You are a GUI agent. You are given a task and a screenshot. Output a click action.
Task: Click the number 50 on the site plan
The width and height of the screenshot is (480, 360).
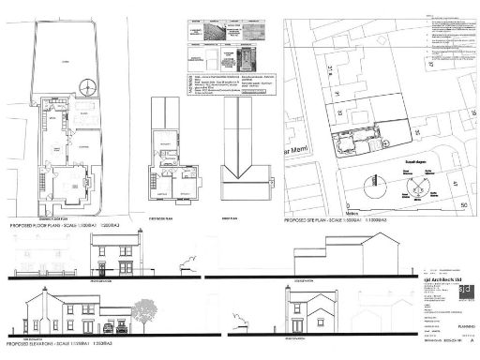[x=462, y=202]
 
